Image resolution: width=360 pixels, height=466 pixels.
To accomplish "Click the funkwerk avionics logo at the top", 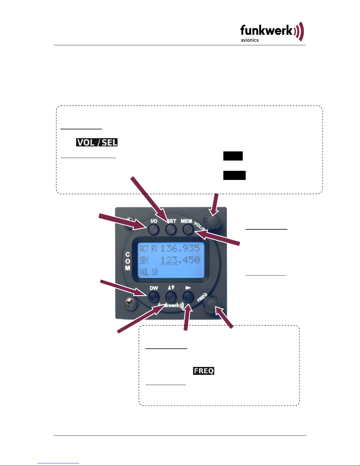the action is [x=272, y=32].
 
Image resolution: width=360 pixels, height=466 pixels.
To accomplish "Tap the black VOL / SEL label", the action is [x=97, y=142].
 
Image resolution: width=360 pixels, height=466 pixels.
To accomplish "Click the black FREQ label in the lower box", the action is [x=204, y=371].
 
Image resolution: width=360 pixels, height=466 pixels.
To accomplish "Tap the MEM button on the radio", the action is [x=188, y=229].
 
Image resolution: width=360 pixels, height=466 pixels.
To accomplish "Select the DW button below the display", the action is [x=154, y=297].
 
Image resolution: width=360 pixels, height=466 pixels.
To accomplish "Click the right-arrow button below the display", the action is [x=188, y=297].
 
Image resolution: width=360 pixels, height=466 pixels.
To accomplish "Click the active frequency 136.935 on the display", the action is [x=180, y=248].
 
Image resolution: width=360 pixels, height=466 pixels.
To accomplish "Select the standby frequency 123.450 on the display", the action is [x=180, y=260].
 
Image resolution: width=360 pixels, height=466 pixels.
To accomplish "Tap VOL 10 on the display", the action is [x=148, y=272].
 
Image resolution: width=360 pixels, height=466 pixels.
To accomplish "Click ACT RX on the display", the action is [x=148, y=249].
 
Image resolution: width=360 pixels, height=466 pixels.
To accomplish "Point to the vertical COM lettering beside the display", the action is [x=128, y=261].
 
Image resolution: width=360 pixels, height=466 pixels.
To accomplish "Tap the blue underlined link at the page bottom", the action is [x=58, y=463].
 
